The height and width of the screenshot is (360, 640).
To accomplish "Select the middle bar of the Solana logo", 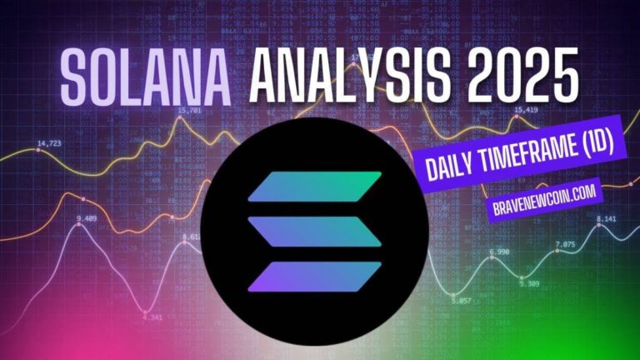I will coord(315,229).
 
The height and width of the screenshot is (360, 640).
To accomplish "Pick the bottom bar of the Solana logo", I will coord(315,274).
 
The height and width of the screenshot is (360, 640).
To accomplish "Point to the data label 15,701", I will coord(189,110).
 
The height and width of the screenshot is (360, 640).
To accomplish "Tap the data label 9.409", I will coord(86,219).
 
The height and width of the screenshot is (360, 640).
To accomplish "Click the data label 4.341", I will coord(152,316).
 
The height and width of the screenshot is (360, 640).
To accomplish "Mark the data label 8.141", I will coord(606,219).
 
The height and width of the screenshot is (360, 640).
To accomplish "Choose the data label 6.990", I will coord(499,252).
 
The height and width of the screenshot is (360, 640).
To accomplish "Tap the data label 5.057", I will coord(460,300).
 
